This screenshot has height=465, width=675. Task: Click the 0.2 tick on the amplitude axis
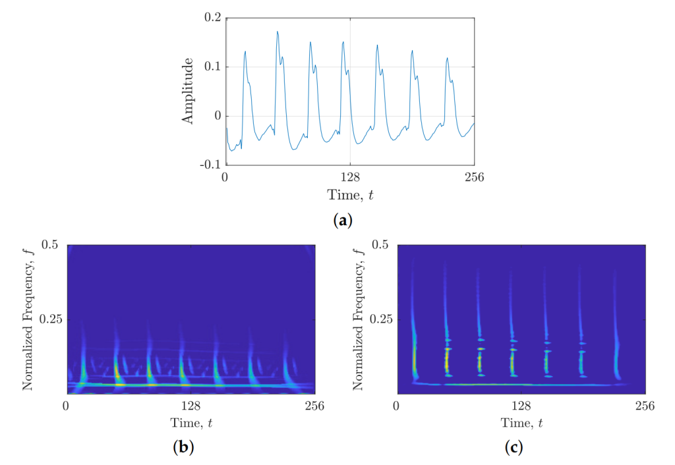(x=211, y=18)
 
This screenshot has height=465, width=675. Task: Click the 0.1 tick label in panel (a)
(x=211, y=67)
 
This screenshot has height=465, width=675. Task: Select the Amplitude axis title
(x=188, y=91)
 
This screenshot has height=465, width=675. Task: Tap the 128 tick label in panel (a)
(x=349, y=177)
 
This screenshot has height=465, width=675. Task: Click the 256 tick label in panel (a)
(x=475, y=177)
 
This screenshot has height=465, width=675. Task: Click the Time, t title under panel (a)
(x=349, y=195)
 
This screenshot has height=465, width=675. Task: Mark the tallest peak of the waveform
(x=278, y=32)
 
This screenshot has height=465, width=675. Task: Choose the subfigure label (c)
(x=514, y=448)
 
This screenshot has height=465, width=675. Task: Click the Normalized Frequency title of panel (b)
(x=28, y=319)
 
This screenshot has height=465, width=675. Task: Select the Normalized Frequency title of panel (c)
(x=359, y=319)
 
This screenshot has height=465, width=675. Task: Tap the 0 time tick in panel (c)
(x=396, y=406)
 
